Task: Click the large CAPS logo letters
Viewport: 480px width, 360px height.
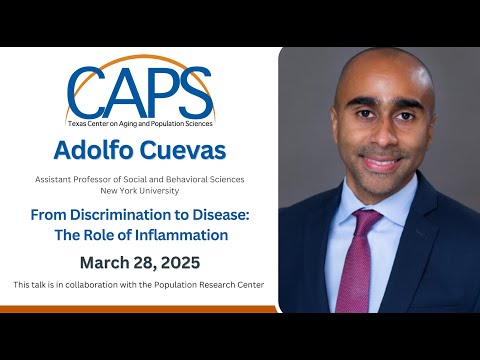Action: point(140,93)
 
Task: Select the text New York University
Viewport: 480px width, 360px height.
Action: point(139,189)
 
